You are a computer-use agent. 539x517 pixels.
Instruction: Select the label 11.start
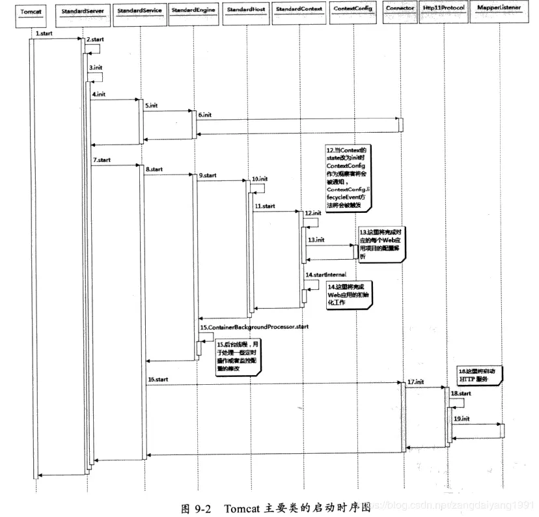click(x=264, y=206)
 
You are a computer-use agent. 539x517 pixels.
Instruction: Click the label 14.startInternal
click(x=327, y=275)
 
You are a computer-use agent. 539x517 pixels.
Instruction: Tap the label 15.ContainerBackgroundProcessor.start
click(x=254, y=326)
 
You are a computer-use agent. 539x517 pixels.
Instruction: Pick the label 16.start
click(x=158, y=378)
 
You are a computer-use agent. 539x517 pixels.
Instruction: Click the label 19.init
click(x=462, y=419)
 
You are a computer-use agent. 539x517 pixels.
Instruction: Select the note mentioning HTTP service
click(x=480, y=374)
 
